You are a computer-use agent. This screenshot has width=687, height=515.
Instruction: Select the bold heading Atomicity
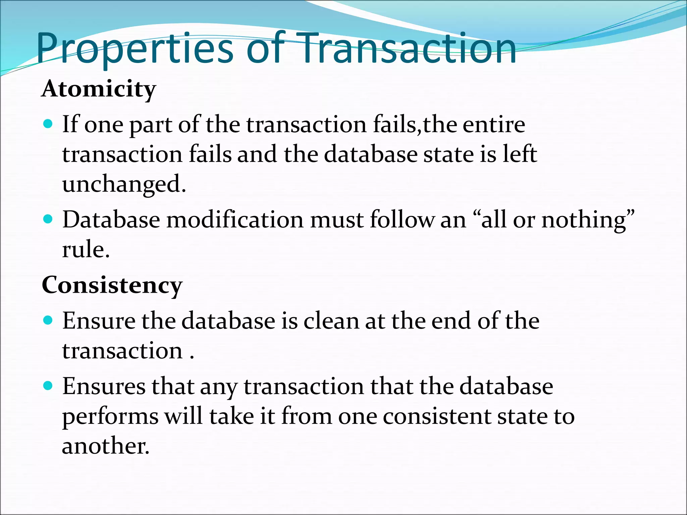99,89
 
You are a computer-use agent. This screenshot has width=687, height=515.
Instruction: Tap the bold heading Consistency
112,286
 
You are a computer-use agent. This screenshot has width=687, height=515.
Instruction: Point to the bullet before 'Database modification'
48,220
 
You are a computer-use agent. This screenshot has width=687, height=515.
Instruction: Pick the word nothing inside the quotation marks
584,220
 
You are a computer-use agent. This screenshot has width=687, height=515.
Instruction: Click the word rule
85,250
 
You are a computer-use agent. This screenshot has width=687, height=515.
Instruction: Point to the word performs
110,416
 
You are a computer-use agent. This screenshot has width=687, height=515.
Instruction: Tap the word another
105,446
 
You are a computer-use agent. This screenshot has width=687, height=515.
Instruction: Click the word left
520,154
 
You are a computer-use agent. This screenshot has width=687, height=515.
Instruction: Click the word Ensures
104,387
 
